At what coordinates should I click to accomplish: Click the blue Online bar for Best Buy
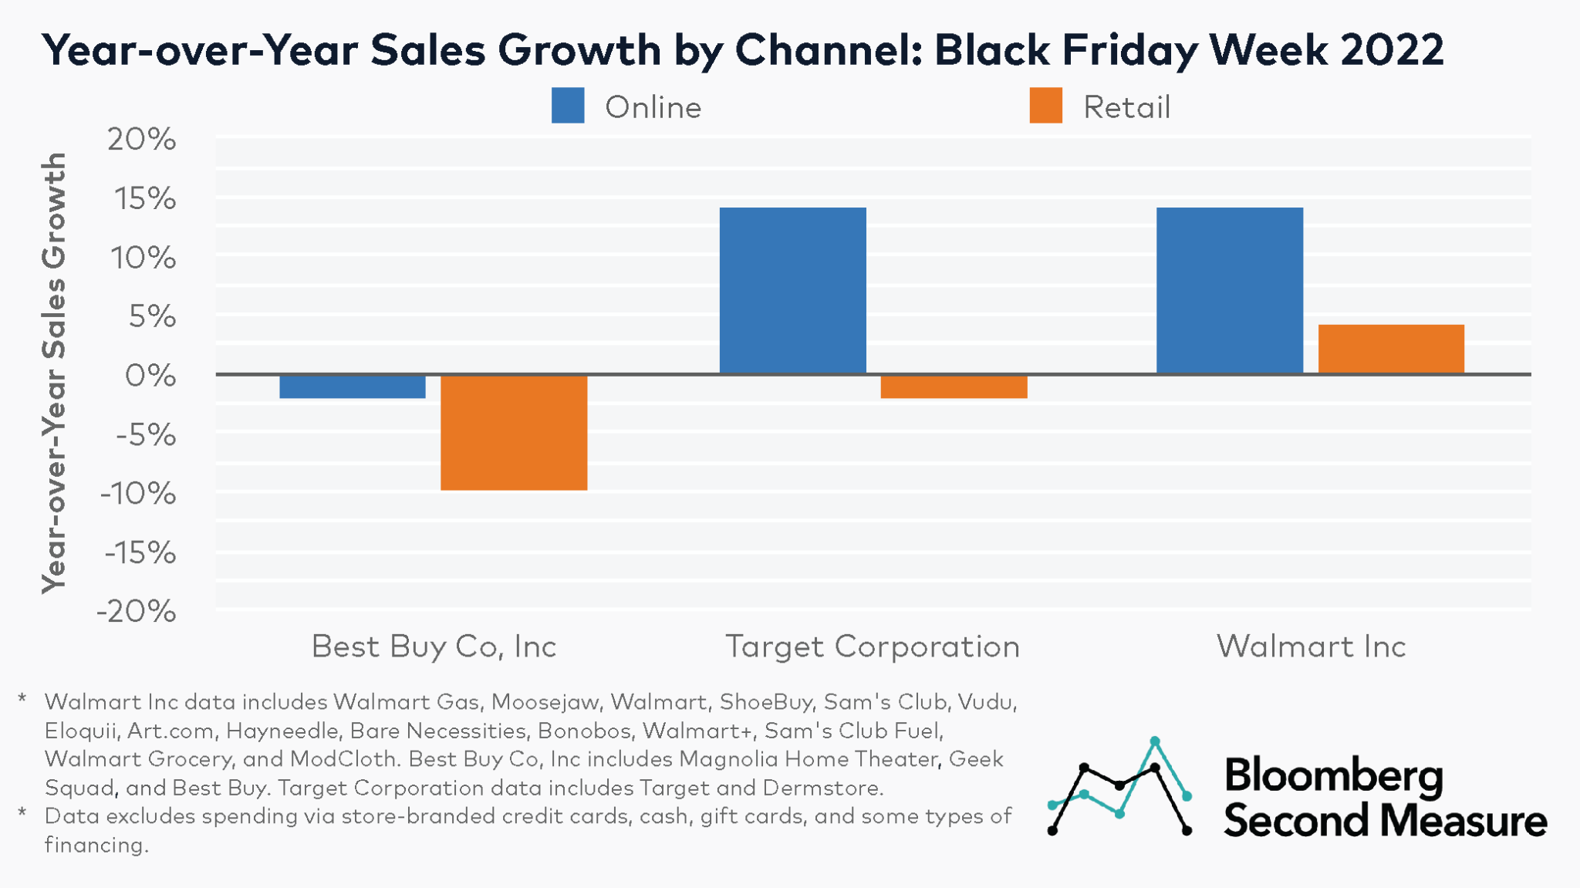353,387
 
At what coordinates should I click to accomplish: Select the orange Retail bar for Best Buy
514,432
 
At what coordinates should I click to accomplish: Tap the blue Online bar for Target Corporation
792,291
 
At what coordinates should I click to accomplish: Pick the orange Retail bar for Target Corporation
954,387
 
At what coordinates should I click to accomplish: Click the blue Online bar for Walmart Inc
1230,291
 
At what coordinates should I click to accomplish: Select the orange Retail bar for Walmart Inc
1391,349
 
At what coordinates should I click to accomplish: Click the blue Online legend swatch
568,106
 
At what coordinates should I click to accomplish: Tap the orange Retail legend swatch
1045,106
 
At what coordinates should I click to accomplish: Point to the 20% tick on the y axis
142,140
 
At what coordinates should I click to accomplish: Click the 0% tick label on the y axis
150,376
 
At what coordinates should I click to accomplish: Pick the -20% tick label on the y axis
137,612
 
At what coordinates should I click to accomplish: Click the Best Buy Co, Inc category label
434,647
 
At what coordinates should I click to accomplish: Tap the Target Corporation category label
873,647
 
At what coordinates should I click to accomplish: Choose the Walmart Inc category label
1311,647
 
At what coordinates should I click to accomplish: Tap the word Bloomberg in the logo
1333,776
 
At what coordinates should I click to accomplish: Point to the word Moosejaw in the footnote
545,702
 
